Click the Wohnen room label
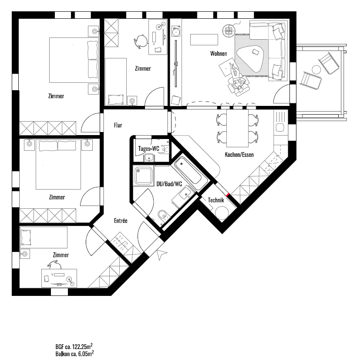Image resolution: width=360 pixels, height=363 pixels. [x=219, y=54]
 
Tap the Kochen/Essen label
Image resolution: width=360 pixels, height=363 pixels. [x=239, y=154]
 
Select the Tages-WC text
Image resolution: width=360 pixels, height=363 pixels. [x=149, y=149]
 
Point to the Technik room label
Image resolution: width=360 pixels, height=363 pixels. [x=216, y=200]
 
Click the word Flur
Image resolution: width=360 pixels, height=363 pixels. [x=118, y=125]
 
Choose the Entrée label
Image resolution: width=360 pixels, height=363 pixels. [x=121, y=221]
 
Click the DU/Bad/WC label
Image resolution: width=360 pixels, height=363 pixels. [x=169, y=184]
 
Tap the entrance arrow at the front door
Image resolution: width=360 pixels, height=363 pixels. [x=161, y=254]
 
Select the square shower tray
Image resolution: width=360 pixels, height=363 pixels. [x=144, y=176]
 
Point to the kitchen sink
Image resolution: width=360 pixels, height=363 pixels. [x=280, y=128]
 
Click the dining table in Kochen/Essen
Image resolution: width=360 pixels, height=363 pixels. [x=237, y=128]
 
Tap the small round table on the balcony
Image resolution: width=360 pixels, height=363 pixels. [x=316, y=69]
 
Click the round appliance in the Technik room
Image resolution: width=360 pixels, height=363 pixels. [x=222, y=213]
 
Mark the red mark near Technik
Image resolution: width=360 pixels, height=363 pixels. [x=228, y=195]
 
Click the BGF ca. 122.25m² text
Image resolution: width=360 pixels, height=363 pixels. [x=74, y=346]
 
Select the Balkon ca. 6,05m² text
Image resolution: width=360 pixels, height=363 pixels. [x=75, y=353]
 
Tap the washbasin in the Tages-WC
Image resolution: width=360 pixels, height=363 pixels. [x=149, y=158]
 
